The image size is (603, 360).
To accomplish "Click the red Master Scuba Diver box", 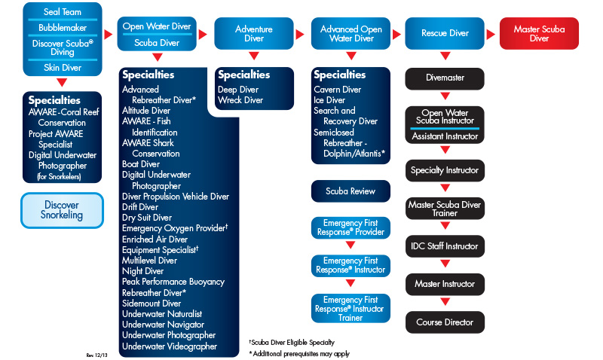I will (539, 34).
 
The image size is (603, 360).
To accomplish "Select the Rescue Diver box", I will (445, 33).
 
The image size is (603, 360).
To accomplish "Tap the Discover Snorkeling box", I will (62, 210).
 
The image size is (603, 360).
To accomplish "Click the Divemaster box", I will (445, 78).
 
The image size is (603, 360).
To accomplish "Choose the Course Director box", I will (445, 322).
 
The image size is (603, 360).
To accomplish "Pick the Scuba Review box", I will (350, 191).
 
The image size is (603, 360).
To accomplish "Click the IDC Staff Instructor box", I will (445, 246).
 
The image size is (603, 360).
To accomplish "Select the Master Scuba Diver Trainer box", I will (445, 209).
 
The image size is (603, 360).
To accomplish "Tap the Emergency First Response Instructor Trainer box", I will (350, 308).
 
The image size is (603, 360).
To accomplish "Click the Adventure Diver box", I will (254, 34).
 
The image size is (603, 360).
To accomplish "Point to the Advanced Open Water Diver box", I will (350, 34).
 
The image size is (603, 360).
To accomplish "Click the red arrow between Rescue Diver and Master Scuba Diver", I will (490, 34).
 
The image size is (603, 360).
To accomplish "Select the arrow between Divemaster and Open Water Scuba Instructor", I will (445, 96).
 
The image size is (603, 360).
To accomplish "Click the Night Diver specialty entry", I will (143, 271).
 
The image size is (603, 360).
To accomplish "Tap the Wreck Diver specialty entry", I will (240, 100).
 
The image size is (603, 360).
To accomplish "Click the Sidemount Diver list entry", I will (153, 304).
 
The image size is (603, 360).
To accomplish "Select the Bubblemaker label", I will (62, 28).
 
